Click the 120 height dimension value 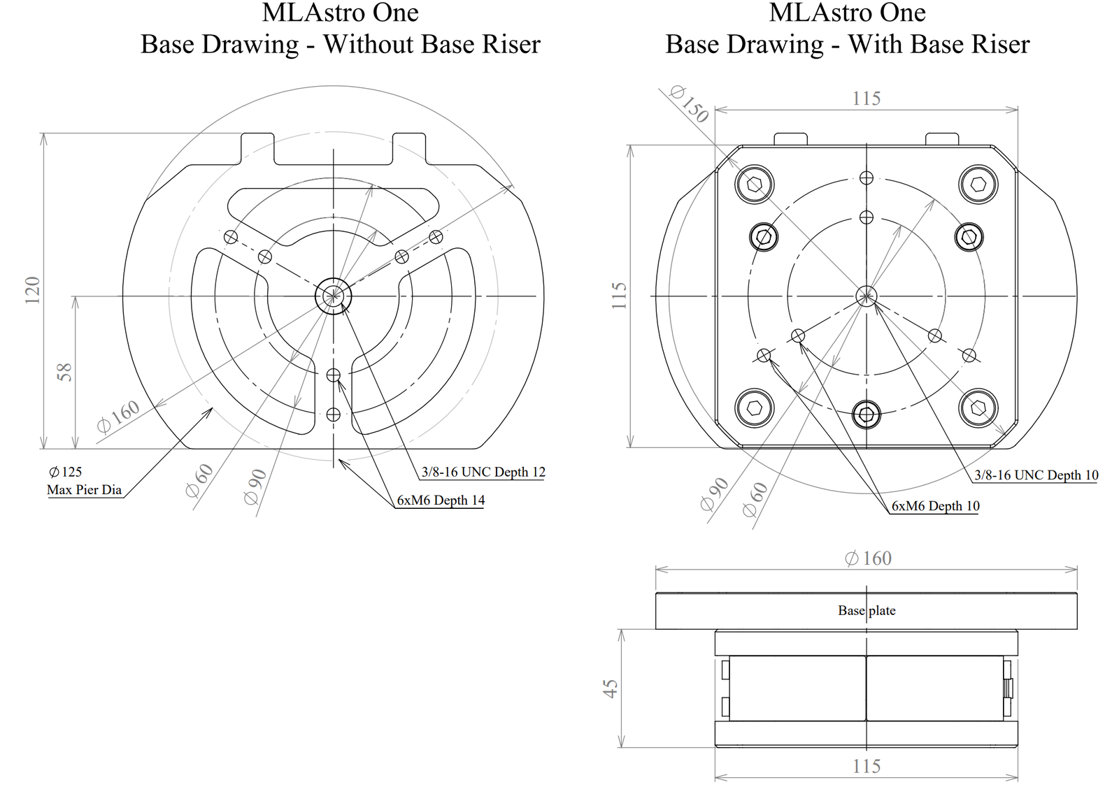32,290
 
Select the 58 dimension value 65,373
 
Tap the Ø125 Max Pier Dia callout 85,480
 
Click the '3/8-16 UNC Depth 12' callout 483,472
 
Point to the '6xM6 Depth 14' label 441,500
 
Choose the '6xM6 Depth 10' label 936,506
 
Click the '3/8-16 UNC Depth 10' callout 1036,475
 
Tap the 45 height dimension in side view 611,688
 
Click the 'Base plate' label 867,610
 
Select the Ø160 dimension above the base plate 868,558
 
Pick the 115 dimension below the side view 867,766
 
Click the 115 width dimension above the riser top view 867,99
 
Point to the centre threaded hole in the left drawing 333,296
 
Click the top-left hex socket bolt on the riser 755,185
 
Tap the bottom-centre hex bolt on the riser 867,414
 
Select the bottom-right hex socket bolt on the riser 978,408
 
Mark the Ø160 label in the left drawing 118,416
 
